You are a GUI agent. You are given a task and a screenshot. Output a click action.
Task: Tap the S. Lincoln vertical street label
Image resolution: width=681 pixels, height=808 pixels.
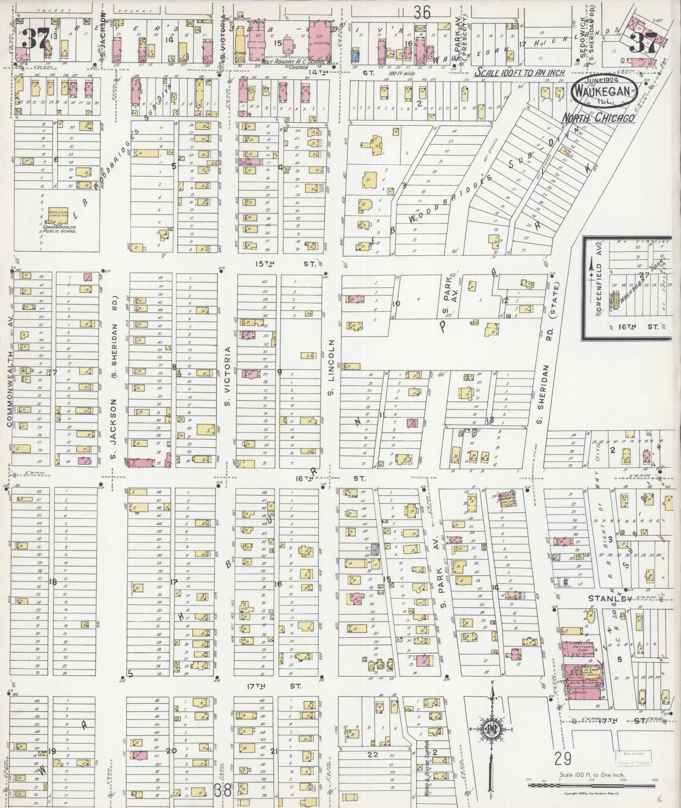click(331, 367)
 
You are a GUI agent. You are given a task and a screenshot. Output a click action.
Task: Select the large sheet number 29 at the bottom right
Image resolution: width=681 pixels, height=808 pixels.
click(563, 759)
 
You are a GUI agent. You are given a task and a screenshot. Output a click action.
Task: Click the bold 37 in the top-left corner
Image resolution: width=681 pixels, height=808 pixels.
click(35, 39)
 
